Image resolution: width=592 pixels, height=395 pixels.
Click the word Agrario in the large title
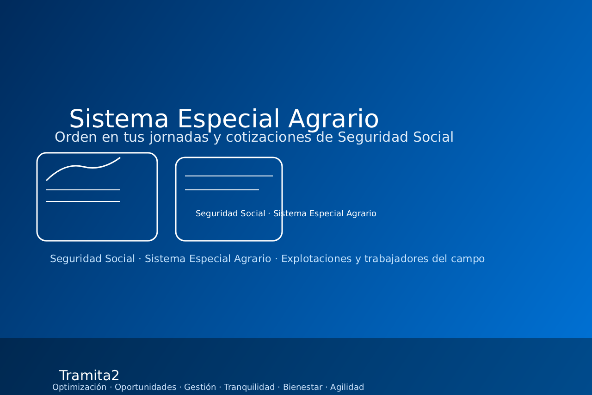click(x=333, y=119)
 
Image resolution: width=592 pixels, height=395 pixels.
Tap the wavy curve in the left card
click(x=83, y=167)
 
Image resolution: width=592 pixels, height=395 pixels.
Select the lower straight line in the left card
click(x=83, y=201)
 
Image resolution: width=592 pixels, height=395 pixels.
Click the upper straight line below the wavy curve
click(x=83, y=190)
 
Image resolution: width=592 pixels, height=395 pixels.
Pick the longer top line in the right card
click(x=229, y=176)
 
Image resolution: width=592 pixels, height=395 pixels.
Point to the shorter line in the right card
click(x=222, y=190)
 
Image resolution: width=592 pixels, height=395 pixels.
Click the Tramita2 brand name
click(x=89, y=376)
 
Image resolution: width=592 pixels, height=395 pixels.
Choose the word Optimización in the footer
click(x=79, y=387)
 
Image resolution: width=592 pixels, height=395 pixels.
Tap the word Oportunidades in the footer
click(x=145, y=387)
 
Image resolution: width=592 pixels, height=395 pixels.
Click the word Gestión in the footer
click(x=200, y=387)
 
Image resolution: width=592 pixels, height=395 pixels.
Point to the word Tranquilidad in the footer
click(x=249, y=387)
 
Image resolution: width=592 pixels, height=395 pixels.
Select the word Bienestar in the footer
click(x=302, y=387)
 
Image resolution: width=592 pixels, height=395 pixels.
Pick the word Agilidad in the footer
click(x=347, y=387)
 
